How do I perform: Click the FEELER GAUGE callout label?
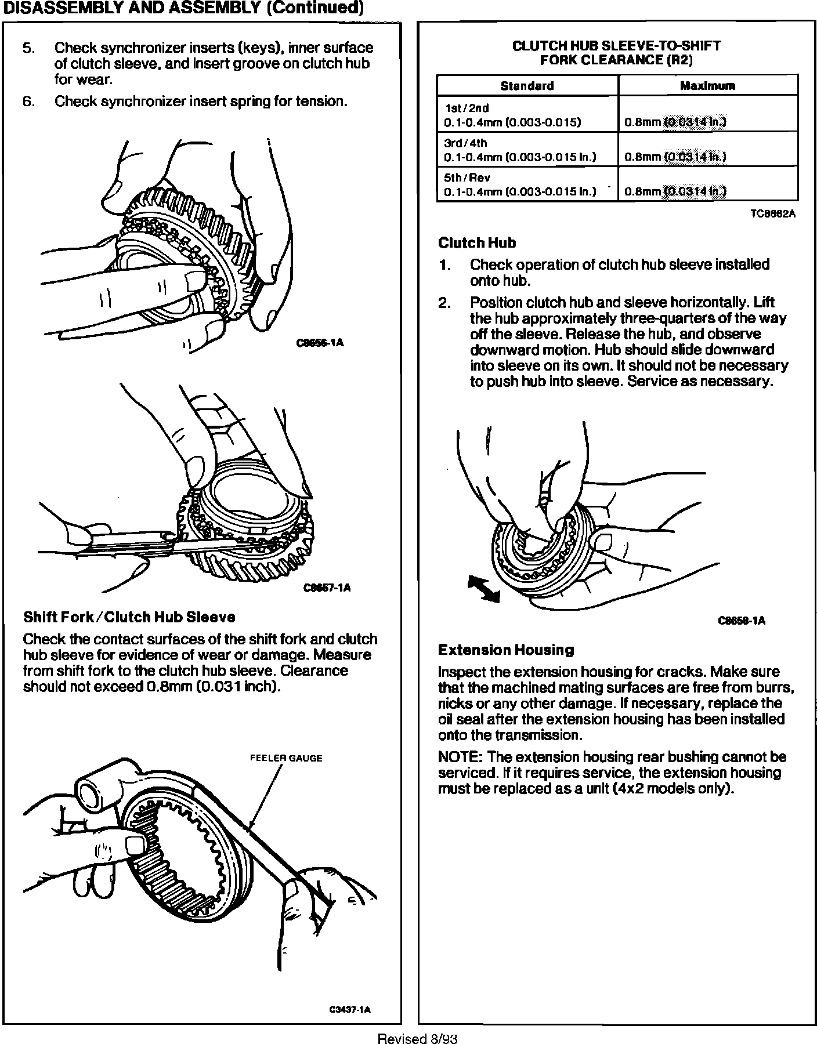[x=285, y=758]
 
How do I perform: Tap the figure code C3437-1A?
[x=350, y=1010]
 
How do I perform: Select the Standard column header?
[x=527, y=86]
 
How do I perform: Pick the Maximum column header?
[x=707, y=86]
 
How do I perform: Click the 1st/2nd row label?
[x=458, y=108]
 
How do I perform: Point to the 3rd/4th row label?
[x=458, y=143]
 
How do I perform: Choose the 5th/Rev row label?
[x=459, y=178]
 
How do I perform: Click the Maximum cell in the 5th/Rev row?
[x=675, y=191]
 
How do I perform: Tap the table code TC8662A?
[x=772, y=214]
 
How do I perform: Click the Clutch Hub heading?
[x=477, y=243]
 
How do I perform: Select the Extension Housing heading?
[x=506, y=650]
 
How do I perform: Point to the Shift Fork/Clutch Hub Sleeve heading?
[x=129, y=617]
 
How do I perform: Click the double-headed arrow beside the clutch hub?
[x=483, y=588]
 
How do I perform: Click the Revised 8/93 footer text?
[x=417, y=1038]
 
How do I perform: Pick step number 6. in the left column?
[x=29, y=102]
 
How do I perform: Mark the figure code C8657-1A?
[x=327, y=588]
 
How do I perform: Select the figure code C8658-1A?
[x=742, y=621]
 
